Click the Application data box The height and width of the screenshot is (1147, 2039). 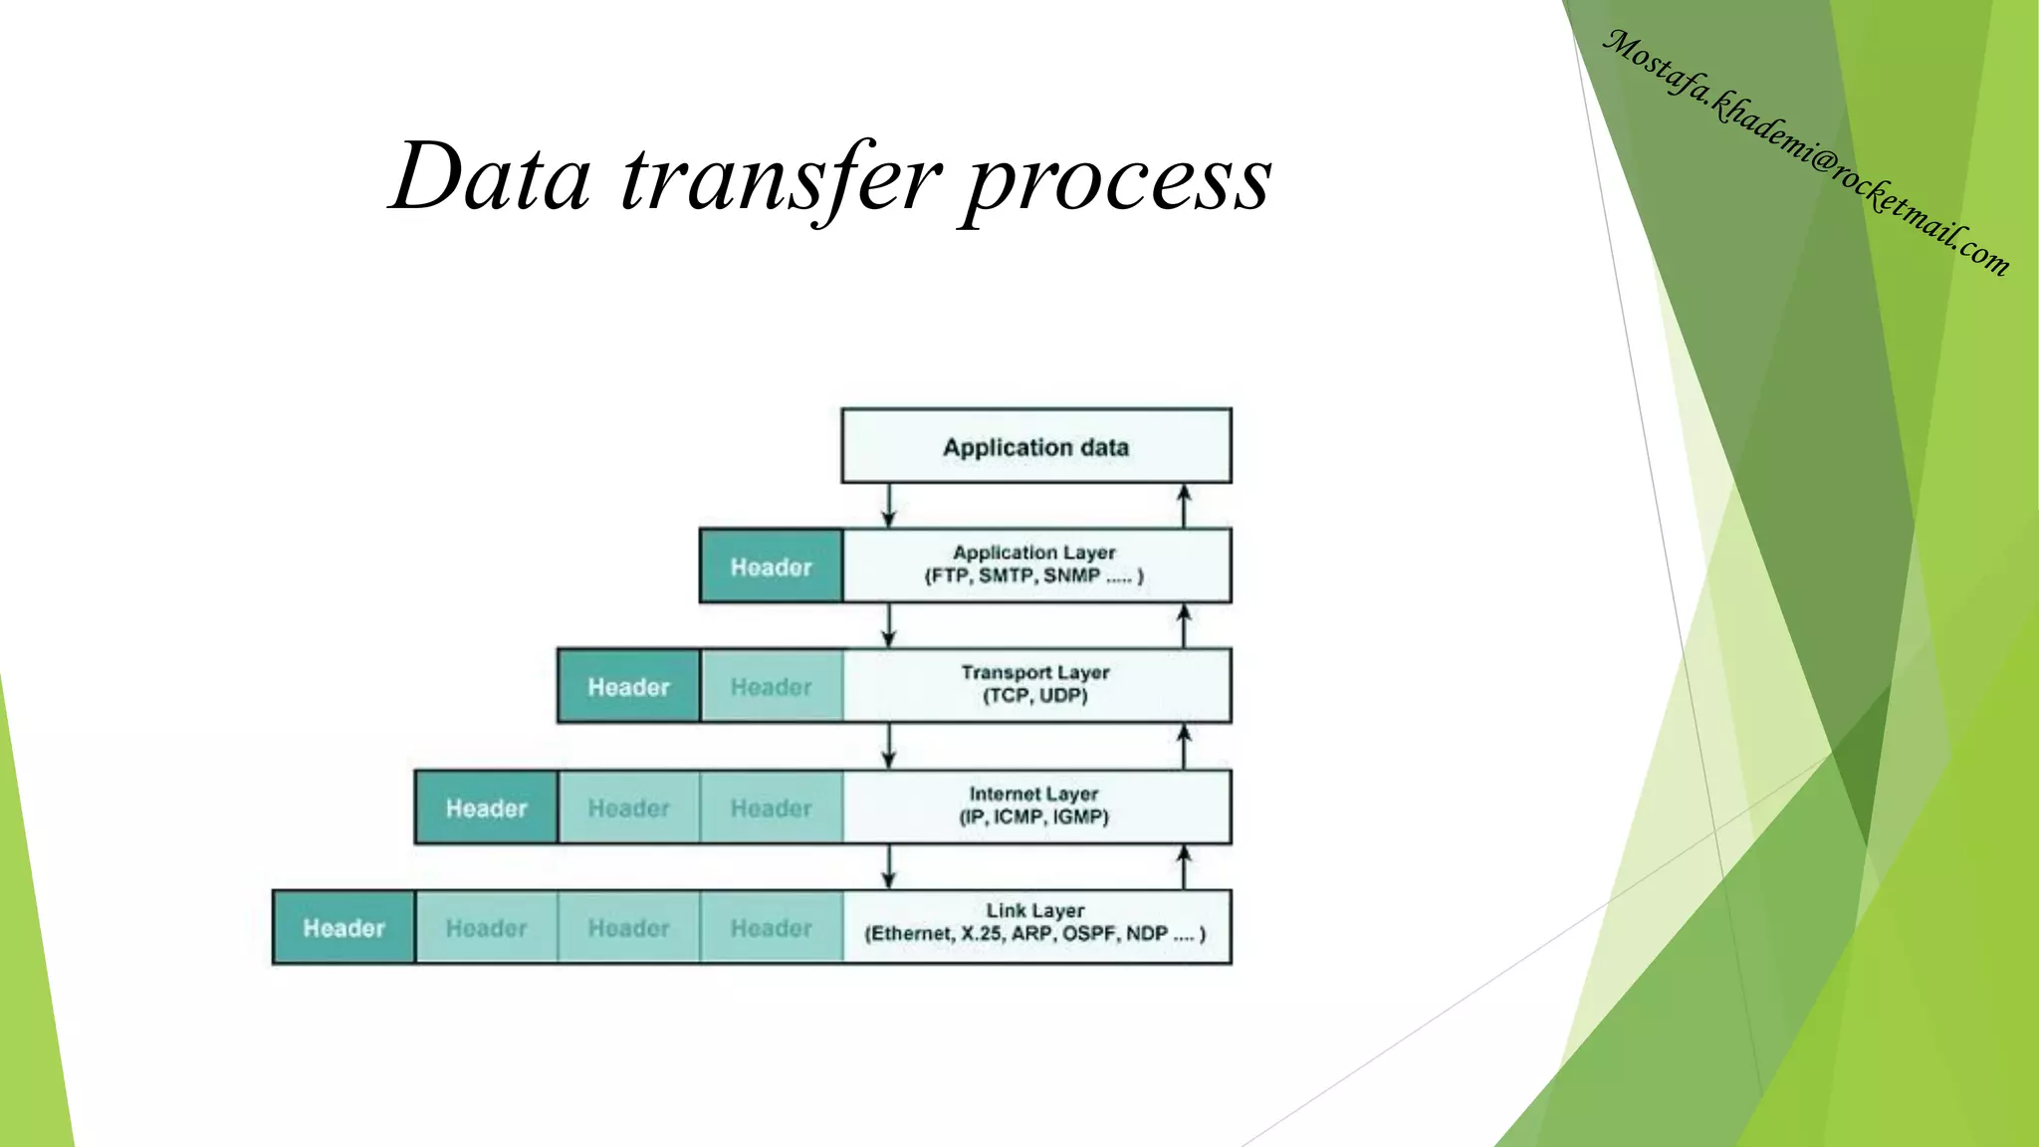1035,446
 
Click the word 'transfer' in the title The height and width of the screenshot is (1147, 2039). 781,179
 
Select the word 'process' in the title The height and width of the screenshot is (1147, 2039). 1117,181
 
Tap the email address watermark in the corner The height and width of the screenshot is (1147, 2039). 1807,151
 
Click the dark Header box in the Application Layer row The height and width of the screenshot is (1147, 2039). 771,567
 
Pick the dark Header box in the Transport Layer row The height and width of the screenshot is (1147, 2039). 628,687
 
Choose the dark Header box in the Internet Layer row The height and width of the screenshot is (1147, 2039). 486,807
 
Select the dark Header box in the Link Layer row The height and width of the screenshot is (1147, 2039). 343,928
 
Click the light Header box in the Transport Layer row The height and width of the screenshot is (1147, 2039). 771,687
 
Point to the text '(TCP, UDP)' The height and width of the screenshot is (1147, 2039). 1035,696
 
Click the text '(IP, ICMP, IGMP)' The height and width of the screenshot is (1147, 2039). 1033,817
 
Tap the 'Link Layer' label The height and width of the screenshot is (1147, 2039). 1035,910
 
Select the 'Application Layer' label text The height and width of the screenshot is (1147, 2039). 1033,553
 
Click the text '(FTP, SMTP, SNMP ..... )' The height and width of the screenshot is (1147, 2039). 1033,575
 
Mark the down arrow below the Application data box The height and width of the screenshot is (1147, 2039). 889,506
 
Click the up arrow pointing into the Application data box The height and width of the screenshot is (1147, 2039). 1184,506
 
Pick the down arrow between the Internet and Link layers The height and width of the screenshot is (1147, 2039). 889,866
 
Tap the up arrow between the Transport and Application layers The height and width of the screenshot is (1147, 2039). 1184,625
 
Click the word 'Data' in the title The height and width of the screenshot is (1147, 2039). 490,179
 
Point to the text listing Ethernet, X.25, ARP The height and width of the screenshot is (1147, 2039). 1035,934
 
